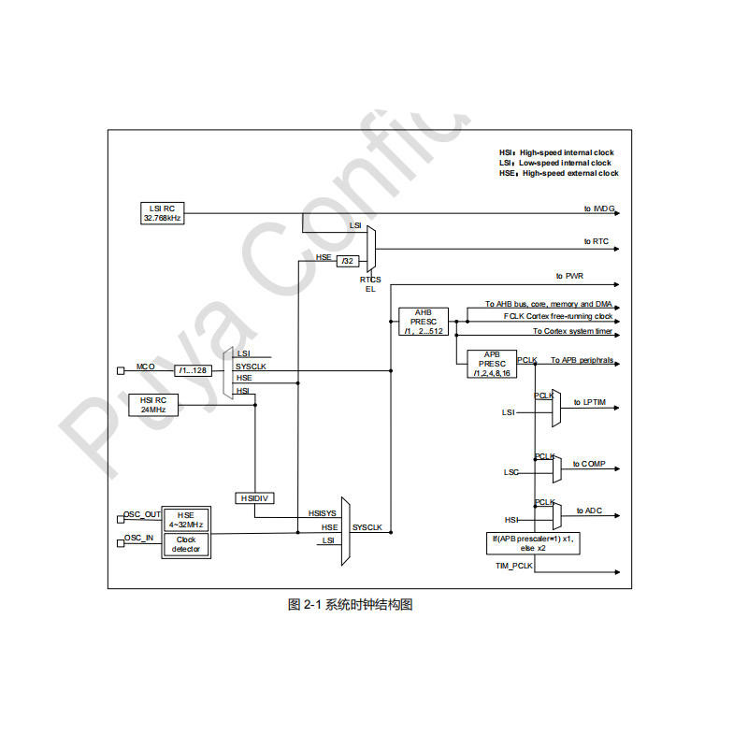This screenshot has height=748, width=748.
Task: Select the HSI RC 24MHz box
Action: [153, 405]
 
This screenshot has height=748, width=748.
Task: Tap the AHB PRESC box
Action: [424, 322]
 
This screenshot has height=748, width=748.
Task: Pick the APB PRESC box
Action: [492, 364]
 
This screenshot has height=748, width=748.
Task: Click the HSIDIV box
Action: [254, 498]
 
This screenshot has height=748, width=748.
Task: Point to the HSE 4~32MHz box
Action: [187, 519]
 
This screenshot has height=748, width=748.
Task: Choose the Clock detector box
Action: [187, 543]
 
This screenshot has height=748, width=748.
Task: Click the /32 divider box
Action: [348, 261]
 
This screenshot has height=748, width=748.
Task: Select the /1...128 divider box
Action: [194, 370]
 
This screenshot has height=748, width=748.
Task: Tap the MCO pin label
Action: [145, 367]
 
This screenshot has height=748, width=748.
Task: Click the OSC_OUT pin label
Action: [142, 514]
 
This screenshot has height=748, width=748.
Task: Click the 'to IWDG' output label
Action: [599, 208]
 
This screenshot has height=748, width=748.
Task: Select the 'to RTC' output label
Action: [597, 241]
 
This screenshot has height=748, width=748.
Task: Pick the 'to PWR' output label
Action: [569, 276]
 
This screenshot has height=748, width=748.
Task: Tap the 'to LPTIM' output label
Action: [591, 402]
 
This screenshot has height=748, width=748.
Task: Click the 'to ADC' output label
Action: [588, 511]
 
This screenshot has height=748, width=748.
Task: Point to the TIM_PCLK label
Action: [513, 567]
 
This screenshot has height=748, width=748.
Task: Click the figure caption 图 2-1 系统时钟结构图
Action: [350, 604]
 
